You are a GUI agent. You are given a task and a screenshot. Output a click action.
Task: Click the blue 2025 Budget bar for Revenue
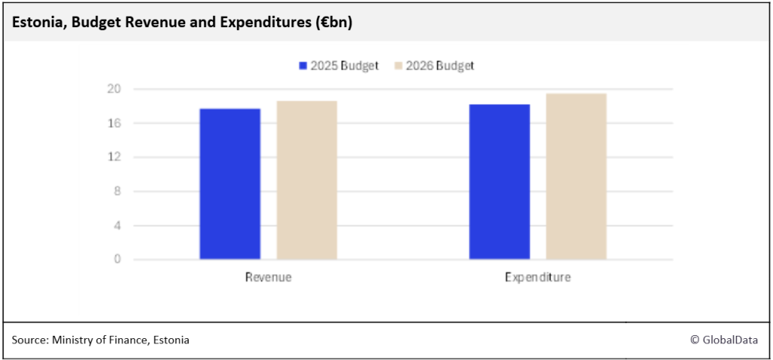point(230,184)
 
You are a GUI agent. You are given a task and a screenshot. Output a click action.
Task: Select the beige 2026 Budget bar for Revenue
point(306,180)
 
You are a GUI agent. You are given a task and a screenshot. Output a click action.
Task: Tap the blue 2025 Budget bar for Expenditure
point(499,182)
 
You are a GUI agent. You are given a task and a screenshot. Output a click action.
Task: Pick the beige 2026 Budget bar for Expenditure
point(576,177)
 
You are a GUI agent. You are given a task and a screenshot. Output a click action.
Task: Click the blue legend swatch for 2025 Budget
point(303,66)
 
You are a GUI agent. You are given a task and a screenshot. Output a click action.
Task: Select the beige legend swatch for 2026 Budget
point(399,66)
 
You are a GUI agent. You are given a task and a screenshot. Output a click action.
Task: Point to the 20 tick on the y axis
point(117,89)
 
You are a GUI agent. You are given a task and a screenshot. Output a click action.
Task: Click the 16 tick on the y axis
point(117,123)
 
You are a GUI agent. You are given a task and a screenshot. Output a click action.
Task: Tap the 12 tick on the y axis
point(117,157)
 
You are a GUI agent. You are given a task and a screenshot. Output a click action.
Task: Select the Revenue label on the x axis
point(268,278)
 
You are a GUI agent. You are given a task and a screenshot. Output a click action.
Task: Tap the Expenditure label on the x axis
point(537,278)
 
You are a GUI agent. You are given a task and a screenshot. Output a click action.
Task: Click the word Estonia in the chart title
point(35,23)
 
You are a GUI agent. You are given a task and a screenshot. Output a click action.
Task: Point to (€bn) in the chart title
point(332,23)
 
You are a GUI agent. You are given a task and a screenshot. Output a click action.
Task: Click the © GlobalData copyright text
point(724,340)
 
